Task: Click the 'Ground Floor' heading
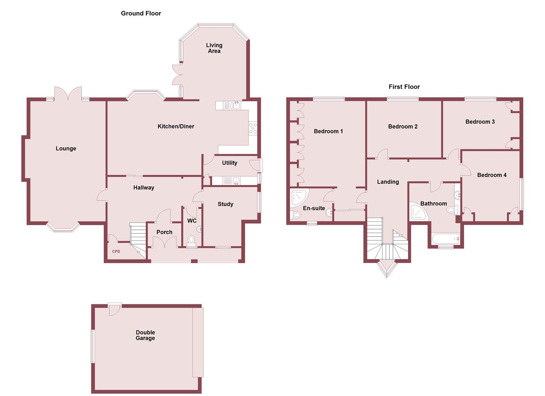(x=141, y=14)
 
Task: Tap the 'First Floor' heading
(x=404, y=87)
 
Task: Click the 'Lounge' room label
(x=66, y=148)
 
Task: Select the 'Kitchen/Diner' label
(x=176, y=126)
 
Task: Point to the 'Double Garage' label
(x=145, y=335)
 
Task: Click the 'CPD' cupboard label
(x=116, y=252)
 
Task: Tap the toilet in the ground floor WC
(x=191, y=240)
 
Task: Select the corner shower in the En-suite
(x=299, y=197)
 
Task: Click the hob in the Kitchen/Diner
(x=253, y=128)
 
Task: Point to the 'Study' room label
(x=225, y=204)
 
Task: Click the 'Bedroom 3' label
(x=480, y=122)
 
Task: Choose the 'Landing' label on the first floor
(x=388, y=182)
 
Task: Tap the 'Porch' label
(x=164, y=232)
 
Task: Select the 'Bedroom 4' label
(x=492, y=175)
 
